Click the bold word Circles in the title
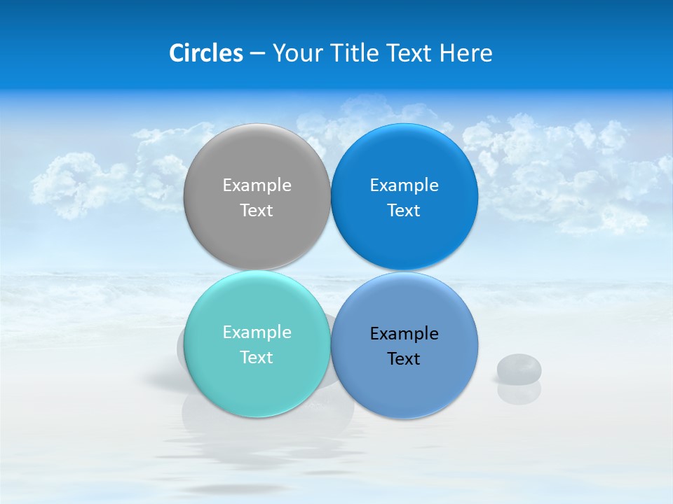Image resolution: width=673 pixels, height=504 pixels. pos(205,53)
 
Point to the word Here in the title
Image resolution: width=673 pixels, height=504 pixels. pos(465,53)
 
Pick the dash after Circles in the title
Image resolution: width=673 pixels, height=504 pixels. pos(257,54)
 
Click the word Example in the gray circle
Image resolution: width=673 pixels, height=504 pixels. pos(257,185)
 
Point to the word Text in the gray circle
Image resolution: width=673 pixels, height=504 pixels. pos(257,211)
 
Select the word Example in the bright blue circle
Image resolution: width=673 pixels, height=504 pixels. pos(404,185)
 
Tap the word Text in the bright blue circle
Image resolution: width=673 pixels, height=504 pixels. pos(404,211)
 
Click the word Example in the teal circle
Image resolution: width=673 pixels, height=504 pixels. pos(257,332)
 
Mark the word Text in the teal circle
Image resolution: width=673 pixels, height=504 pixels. pos(257,358)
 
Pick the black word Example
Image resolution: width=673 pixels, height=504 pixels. pos(404,334)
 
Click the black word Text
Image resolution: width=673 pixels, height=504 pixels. pos(404,359)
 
